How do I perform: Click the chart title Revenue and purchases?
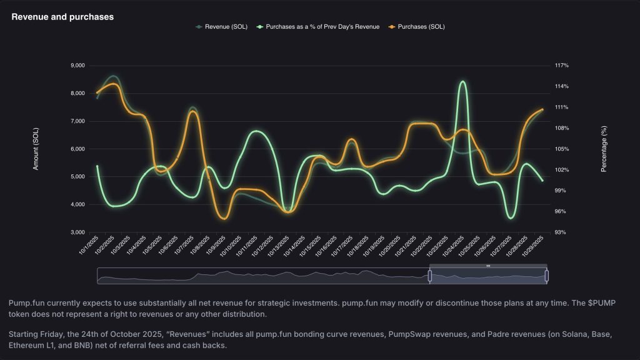pyautogui.click(x=62, y=17)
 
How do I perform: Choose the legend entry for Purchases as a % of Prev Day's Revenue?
pyautogui.click(x=322, y=27)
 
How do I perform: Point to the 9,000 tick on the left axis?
pyautogui.click(x=77, y=66)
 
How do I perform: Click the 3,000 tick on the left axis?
pyautogui.click(x=77, y=232)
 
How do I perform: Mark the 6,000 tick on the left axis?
pyautogui.click(x=77, y=149)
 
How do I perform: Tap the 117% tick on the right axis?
pyautogui.click(x=561, y=66)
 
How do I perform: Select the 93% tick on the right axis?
pyautogui.click(x=561, y=232)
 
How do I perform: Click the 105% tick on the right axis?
pyautogui.click(x=561, y=149)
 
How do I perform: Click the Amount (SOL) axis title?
pyautogui.click(x=36, y=149)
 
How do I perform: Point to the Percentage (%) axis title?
pyautogui.click(x=604, y=149)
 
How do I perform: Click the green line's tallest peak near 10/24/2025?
pyautogui.click(x=462, y=81)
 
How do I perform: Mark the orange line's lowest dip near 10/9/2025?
pyautogui.click(x=223, y=218)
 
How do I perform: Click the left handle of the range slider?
pyautogui.click(x=430, y=276)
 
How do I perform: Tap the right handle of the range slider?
pyautogui.click(x=547, y=276)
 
